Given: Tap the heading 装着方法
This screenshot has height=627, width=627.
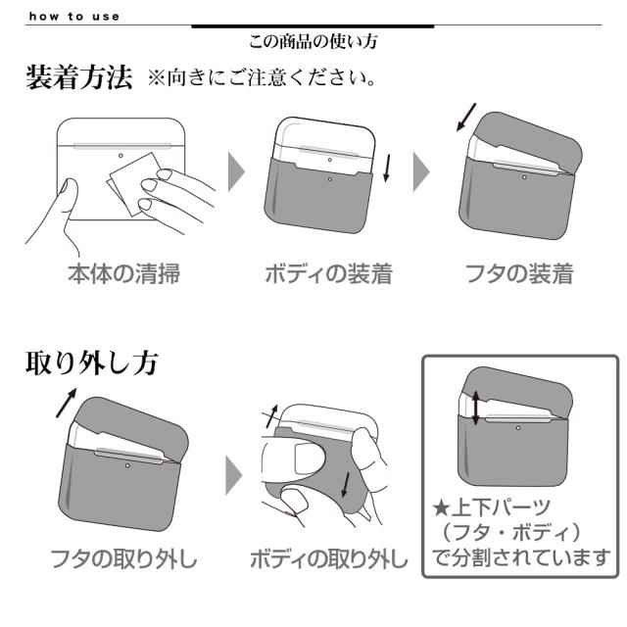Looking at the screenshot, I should [78, 78].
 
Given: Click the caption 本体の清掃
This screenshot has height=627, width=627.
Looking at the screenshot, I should [123, 273].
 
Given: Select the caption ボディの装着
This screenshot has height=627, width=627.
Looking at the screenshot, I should [328, 273].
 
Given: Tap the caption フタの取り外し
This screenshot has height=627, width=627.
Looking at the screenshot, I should [124, 560].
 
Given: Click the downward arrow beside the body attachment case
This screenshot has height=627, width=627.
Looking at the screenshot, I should [388, 167].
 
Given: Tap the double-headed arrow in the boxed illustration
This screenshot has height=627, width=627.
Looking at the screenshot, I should [475, 407].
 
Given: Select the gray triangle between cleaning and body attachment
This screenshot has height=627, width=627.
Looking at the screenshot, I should [236, 172].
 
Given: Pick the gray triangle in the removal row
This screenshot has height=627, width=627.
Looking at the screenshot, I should [235, 475].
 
